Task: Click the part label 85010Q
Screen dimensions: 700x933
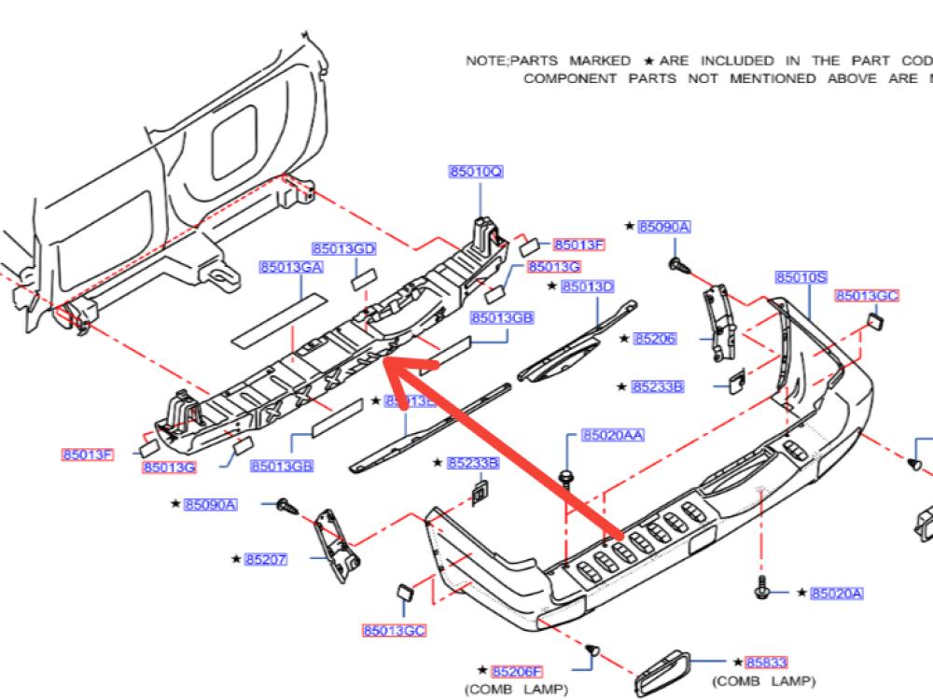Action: tap(476, 173)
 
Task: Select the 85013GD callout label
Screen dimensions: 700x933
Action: tap(344, 249)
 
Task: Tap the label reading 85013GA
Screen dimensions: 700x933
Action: tap(291, 268)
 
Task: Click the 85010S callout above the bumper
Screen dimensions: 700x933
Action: tap(801, 277)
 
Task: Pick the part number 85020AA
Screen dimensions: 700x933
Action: tap(613, 436)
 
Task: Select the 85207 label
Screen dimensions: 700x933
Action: tap(266, 559)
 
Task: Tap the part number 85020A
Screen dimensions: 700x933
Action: tap(837, 593)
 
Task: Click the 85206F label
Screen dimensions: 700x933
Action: tap(518, 671)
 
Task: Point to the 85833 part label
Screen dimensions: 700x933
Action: tap(766, 662)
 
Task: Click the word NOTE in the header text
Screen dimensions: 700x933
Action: tap(485, 61)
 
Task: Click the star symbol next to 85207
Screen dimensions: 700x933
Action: tap(236, 559)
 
